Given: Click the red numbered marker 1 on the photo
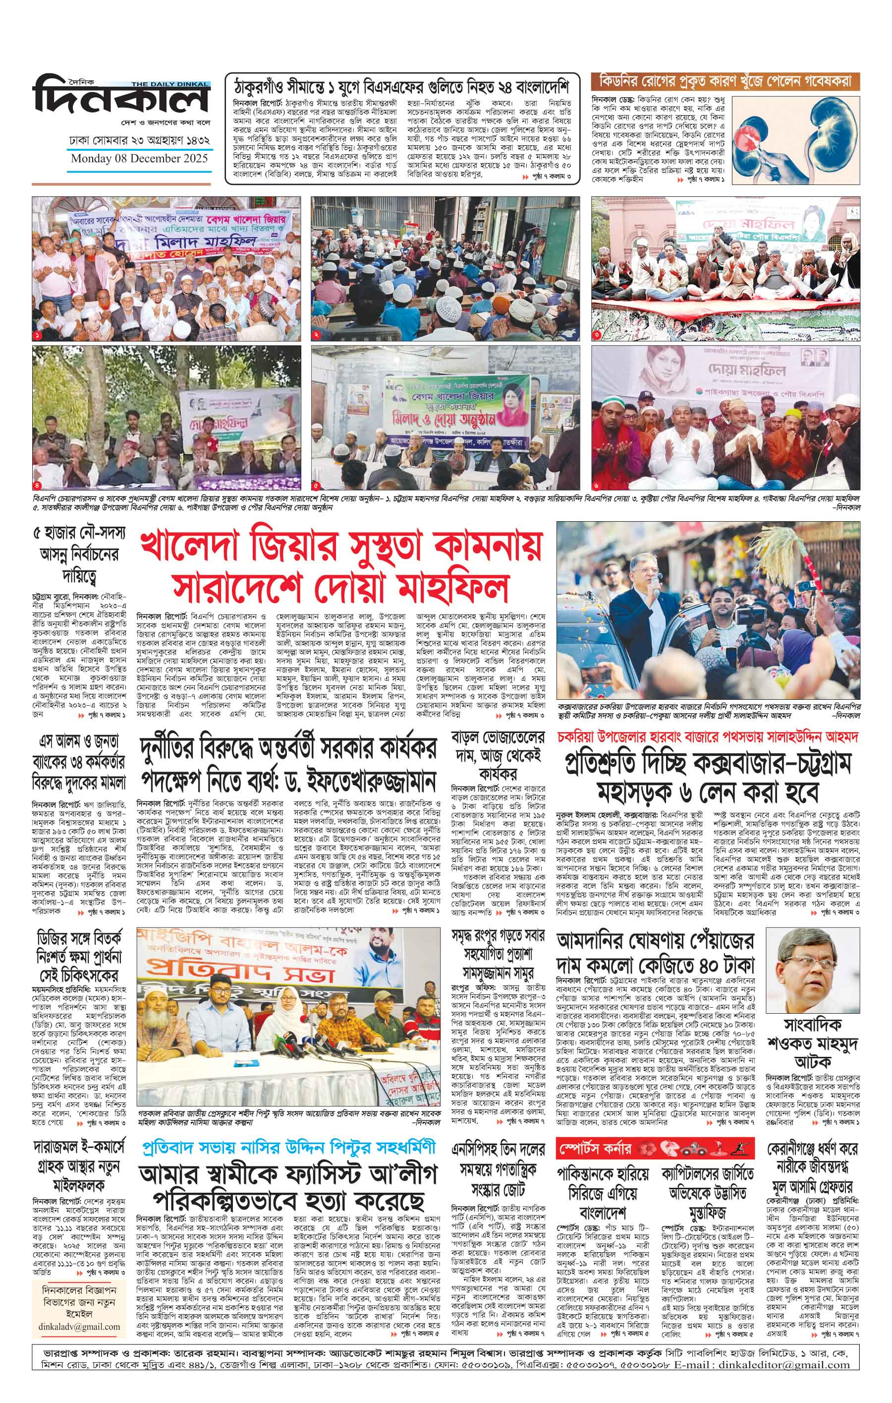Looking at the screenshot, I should [38, 336].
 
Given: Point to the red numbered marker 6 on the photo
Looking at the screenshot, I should [597, 485].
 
